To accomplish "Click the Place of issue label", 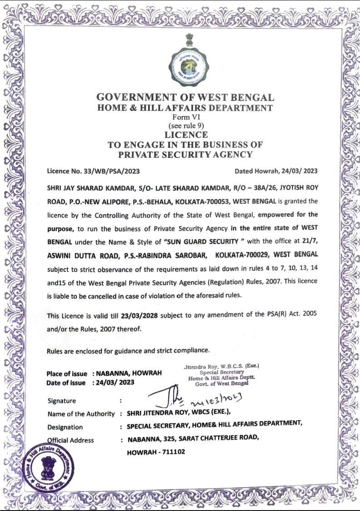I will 67,374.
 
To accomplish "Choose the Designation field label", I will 65,427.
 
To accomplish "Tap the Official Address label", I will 70,440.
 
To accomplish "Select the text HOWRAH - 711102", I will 156,453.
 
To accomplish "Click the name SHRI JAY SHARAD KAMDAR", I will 86,187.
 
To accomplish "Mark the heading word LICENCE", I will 185,135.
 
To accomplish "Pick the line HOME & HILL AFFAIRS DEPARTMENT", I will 185,108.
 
